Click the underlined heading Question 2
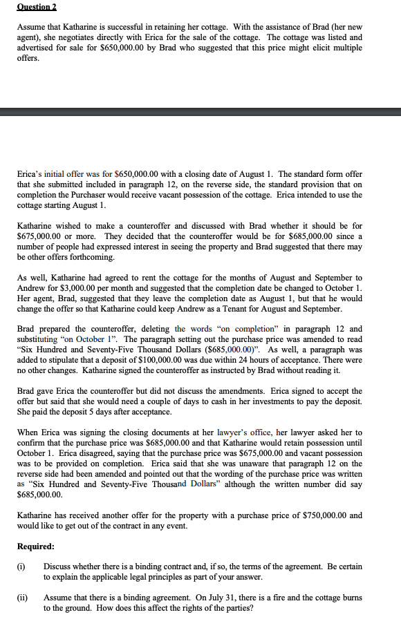pyautogui.click(x=37, y=6)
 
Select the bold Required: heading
pyautogui.click(x=36, y=546)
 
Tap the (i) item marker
pyautogui.click(x=21, y=567)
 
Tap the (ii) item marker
pyautogui.click(x=22, y=597)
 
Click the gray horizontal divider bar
pyautogui.click(x=200, y=112)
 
